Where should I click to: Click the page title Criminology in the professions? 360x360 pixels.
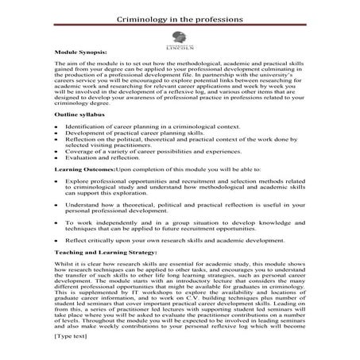click(180, 17)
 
